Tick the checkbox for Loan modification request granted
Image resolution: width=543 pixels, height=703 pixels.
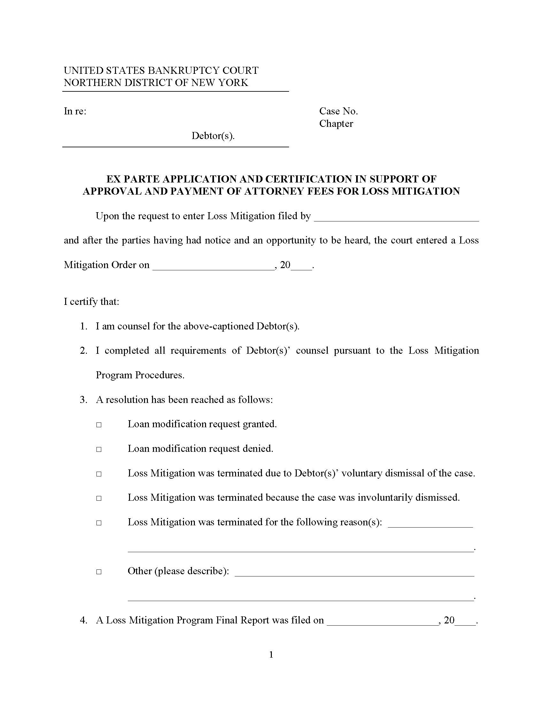[99, 425]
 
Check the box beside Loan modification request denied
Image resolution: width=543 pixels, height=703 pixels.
[99, 449]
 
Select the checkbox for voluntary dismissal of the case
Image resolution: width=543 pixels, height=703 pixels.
[99, 474]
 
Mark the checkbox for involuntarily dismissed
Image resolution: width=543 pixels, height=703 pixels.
[99, 498]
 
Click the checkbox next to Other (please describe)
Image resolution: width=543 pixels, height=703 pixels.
[99, 572]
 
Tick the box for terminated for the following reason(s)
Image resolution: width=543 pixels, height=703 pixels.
[99, 523]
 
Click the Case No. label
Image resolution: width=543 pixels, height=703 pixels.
[338, 112]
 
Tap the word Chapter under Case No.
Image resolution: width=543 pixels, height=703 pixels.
[336, 124]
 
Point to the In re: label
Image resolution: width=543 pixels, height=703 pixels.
[75, 112]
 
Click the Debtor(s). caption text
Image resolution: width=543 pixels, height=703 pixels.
[213, 136]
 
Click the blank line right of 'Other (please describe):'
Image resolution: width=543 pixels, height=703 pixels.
[355, 572]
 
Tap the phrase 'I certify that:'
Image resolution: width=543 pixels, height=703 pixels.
[91, 302]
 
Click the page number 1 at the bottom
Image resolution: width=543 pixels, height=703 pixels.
[271, 654]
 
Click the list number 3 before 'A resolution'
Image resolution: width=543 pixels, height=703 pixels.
[83, 400]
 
